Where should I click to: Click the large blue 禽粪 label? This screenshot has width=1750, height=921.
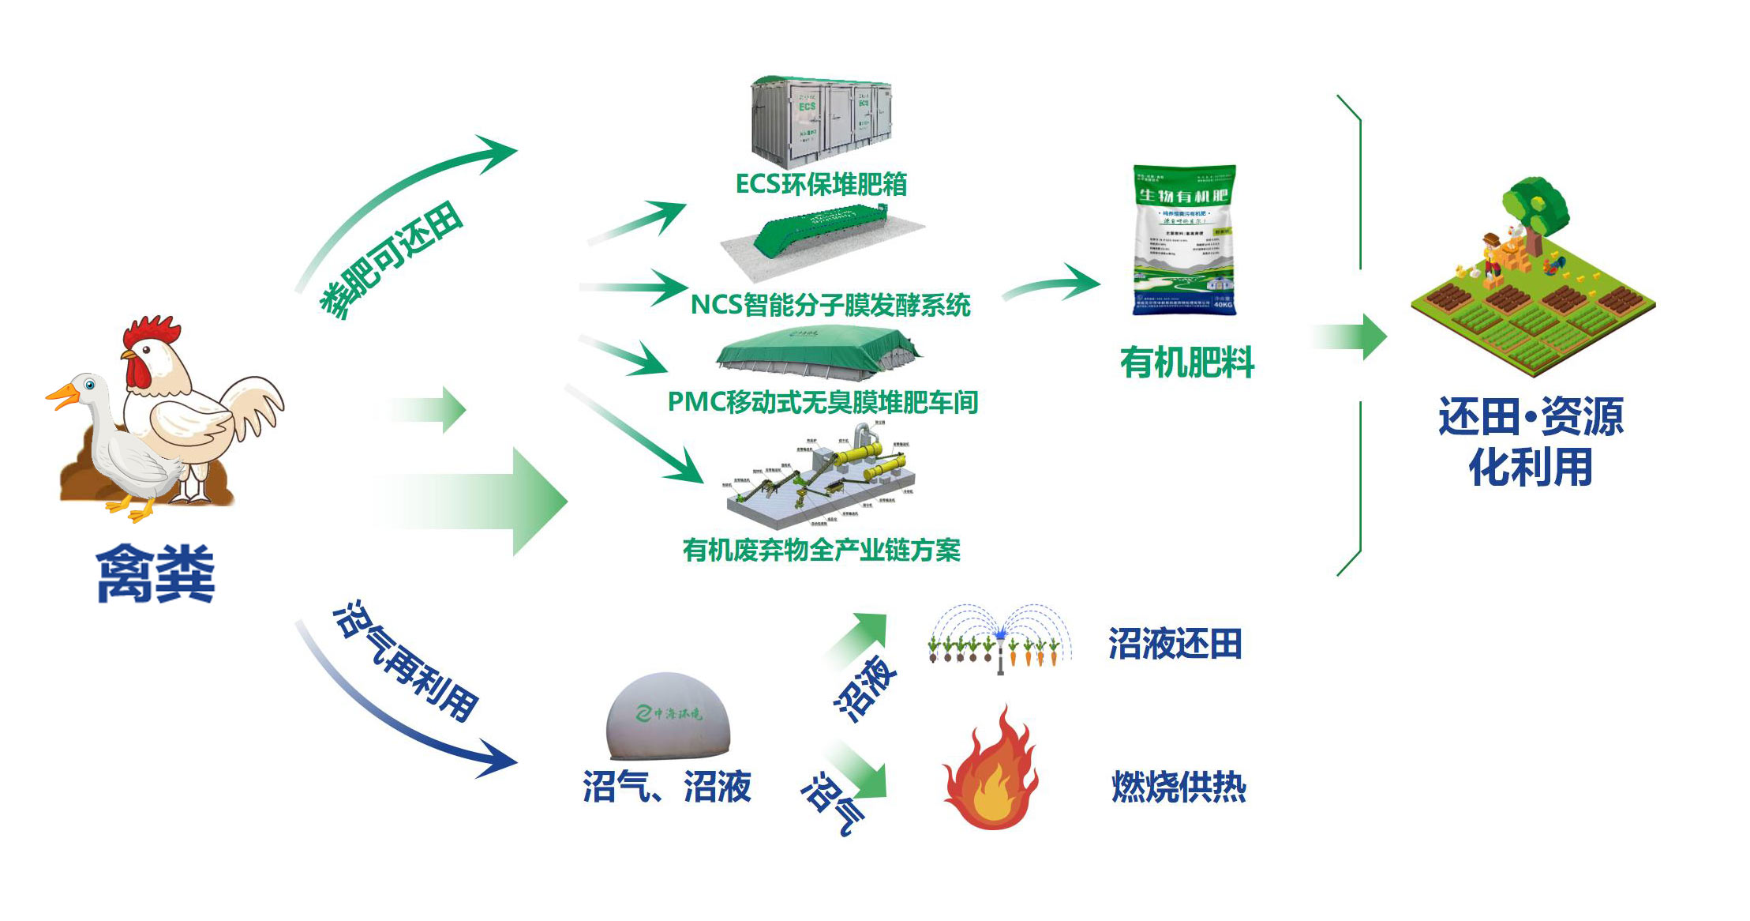pos(155,574)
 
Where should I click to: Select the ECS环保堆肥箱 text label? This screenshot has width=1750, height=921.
pos(821,184)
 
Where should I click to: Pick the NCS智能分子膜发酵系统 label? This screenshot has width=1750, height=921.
pos(830,305)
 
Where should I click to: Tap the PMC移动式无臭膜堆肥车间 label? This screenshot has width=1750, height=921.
pos(823,402)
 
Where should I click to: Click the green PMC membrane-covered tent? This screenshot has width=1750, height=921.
pos(817,351)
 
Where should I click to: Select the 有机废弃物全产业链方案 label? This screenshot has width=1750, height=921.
pos(821,550)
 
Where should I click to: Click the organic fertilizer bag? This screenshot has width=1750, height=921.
pos(1184,240)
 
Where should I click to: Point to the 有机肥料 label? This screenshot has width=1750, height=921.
pos(1186,363)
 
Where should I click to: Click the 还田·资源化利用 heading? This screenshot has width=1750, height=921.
pos(1530,441)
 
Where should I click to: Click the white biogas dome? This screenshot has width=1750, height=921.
pos(668,716)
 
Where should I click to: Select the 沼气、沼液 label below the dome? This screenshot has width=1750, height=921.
pos(667,787)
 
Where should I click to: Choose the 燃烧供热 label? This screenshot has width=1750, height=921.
pos(1179,787)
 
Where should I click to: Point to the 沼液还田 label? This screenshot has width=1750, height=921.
pos(1175,644)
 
